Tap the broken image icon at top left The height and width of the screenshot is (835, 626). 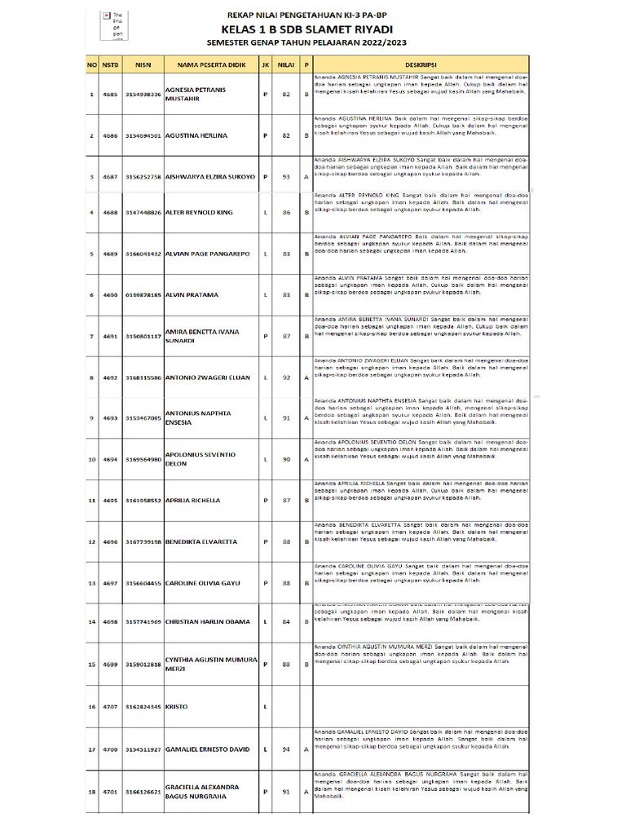pyautogui.click(x=106, y=15)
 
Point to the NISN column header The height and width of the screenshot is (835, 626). pyautogui.click(x=143, y=64)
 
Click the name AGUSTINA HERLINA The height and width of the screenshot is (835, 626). pyautogui.click(x=196, y=135)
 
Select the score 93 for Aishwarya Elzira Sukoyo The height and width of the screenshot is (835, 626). pyautogui.click(x=284, y=176)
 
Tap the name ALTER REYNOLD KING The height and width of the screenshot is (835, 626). pyautogui.click(x=198, y=212)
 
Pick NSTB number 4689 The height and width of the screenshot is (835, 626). pyautogui.click(x=110, y=254)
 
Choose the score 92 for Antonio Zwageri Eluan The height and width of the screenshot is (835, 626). pyautogui.click(x=284, y=378)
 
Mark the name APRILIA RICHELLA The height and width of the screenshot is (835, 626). pyautogui.click(x=194, y=500)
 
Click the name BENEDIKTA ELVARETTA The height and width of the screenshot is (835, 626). pyautogui.click(x=201, y=541)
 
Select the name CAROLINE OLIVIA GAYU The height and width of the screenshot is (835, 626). pyautogui.click(x=203, y=584)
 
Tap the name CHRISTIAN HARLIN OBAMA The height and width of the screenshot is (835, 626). pyautogui.click(x=207, y=621)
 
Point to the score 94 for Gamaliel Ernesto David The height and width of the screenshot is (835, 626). pyautogui.click(x=284, y=749)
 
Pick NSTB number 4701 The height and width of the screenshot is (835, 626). pyautogui.click(x=110, y=791)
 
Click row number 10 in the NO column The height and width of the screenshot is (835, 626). pyautogui.click(x=92, y=459)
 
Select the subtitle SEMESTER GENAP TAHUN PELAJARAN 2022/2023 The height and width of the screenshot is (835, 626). pyautogui.click(x=306, y=42)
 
